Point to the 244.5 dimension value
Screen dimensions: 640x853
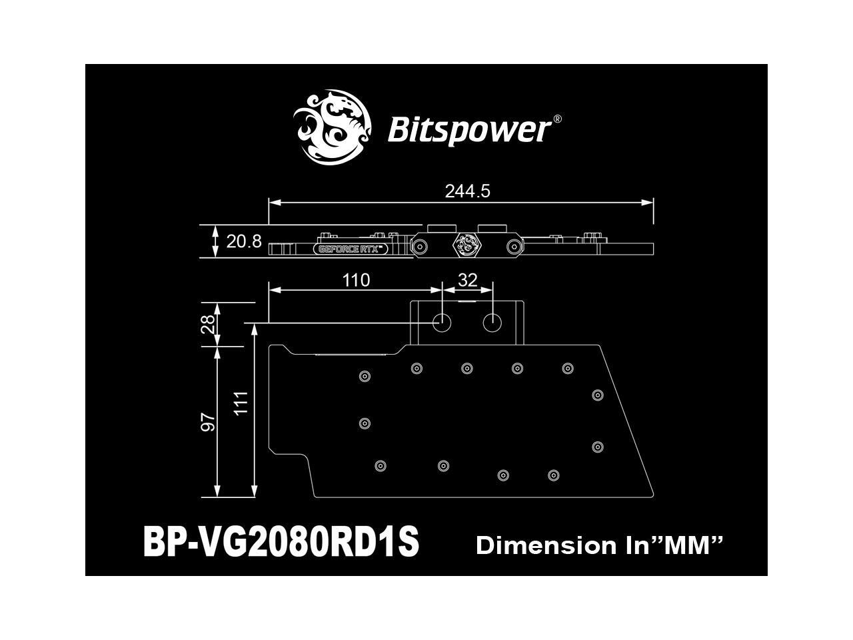pos(467,191)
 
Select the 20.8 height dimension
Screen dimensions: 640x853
pos(244,241)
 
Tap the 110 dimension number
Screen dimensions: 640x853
pos(356,280)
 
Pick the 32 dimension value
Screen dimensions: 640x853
pos(468,280)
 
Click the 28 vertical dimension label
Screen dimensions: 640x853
pos(209,324)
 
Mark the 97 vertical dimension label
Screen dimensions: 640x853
pos(209,422)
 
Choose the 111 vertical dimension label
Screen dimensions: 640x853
pos(241,403)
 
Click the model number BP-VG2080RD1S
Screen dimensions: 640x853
pos(281,543)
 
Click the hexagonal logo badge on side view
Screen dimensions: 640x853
pos(466,246)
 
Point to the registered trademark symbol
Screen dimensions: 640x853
pos(557,119)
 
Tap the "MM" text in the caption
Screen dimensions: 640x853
pos(692,546)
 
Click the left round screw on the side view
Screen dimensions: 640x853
pos(420,247)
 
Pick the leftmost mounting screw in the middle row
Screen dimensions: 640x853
pos(365,423)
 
